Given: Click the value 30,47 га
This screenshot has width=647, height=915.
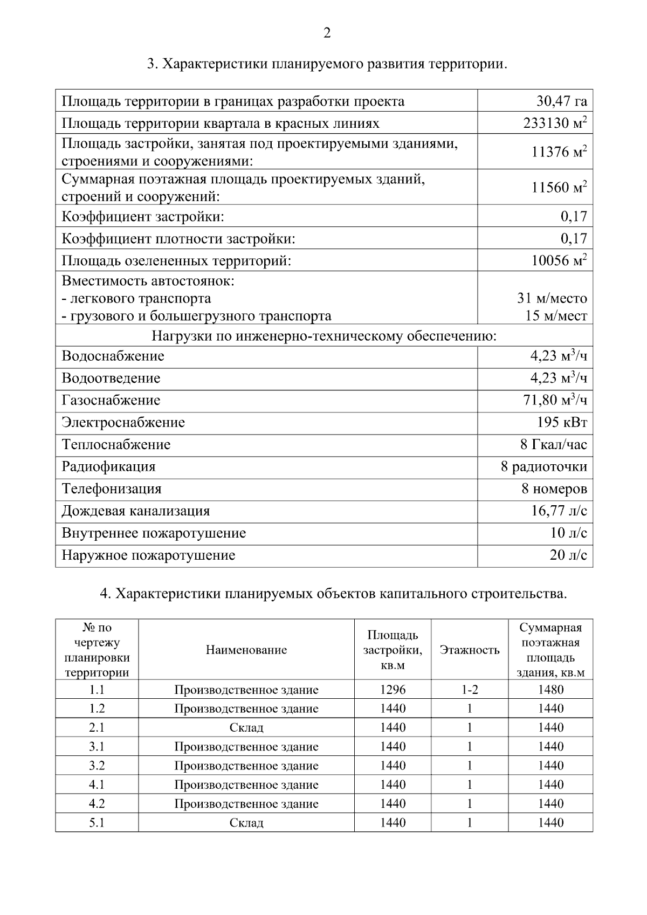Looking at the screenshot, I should click(561, 101).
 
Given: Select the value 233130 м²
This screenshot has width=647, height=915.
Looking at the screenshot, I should click(555, 123).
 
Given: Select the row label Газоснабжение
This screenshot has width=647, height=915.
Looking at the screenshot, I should click(111, 400).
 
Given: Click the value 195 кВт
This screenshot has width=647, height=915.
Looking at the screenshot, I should click(562, 422).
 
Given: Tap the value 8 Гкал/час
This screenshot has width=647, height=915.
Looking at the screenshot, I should click(554, 444).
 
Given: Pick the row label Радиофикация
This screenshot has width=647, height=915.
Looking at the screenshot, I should click(108, 466).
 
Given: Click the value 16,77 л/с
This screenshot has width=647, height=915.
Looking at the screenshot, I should click(559, 511).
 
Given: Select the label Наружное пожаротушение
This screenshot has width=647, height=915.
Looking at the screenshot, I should click(148, 555).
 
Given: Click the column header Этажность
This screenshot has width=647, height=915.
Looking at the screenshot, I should click(470, 650).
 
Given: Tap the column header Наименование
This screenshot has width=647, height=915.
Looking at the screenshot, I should click(246, 650).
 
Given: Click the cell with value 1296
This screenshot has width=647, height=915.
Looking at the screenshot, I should click(393, 690).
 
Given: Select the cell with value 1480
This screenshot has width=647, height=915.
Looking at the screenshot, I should click(550, 690).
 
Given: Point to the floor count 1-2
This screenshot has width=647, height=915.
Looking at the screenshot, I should click(470, 690).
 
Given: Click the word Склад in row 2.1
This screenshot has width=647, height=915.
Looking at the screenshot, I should click(246, 728).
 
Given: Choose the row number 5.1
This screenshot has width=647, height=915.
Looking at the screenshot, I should click(97, 823).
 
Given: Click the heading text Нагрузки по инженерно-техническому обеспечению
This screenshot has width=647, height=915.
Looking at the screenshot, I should click(323, 336).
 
